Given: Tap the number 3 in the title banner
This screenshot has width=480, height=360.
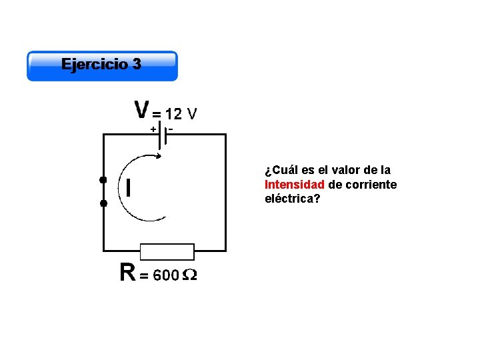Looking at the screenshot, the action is [x=137, y=65].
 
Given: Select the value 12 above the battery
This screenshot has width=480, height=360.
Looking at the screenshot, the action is [x=173, y=113].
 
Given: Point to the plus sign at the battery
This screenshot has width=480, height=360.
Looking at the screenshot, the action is [x=153, y=128].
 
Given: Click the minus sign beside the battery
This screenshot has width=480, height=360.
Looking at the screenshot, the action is [x=171, y=127].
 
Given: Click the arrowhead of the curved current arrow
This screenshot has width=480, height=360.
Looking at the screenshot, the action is [x=157, y=157].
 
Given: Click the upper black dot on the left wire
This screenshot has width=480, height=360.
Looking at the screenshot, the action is [x=103, y=180].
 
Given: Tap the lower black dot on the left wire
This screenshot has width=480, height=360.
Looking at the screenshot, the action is [x=103, y=203].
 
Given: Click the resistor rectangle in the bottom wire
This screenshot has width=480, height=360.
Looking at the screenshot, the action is [x=167, y=251].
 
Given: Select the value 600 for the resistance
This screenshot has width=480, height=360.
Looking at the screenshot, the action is [x=166, y=275].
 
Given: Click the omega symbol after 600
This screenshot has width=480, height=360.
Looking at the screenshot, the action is [x=189, y=275].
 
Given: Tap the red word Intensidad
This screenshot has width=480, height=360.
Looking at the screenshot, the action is [x=294, y=184].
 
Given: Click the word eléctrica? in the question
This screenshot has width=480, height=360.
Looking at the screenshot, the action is [x=292, y=198].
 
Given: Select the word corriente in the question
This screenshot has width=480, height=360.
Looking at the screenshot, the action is [x=371, y=184].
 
